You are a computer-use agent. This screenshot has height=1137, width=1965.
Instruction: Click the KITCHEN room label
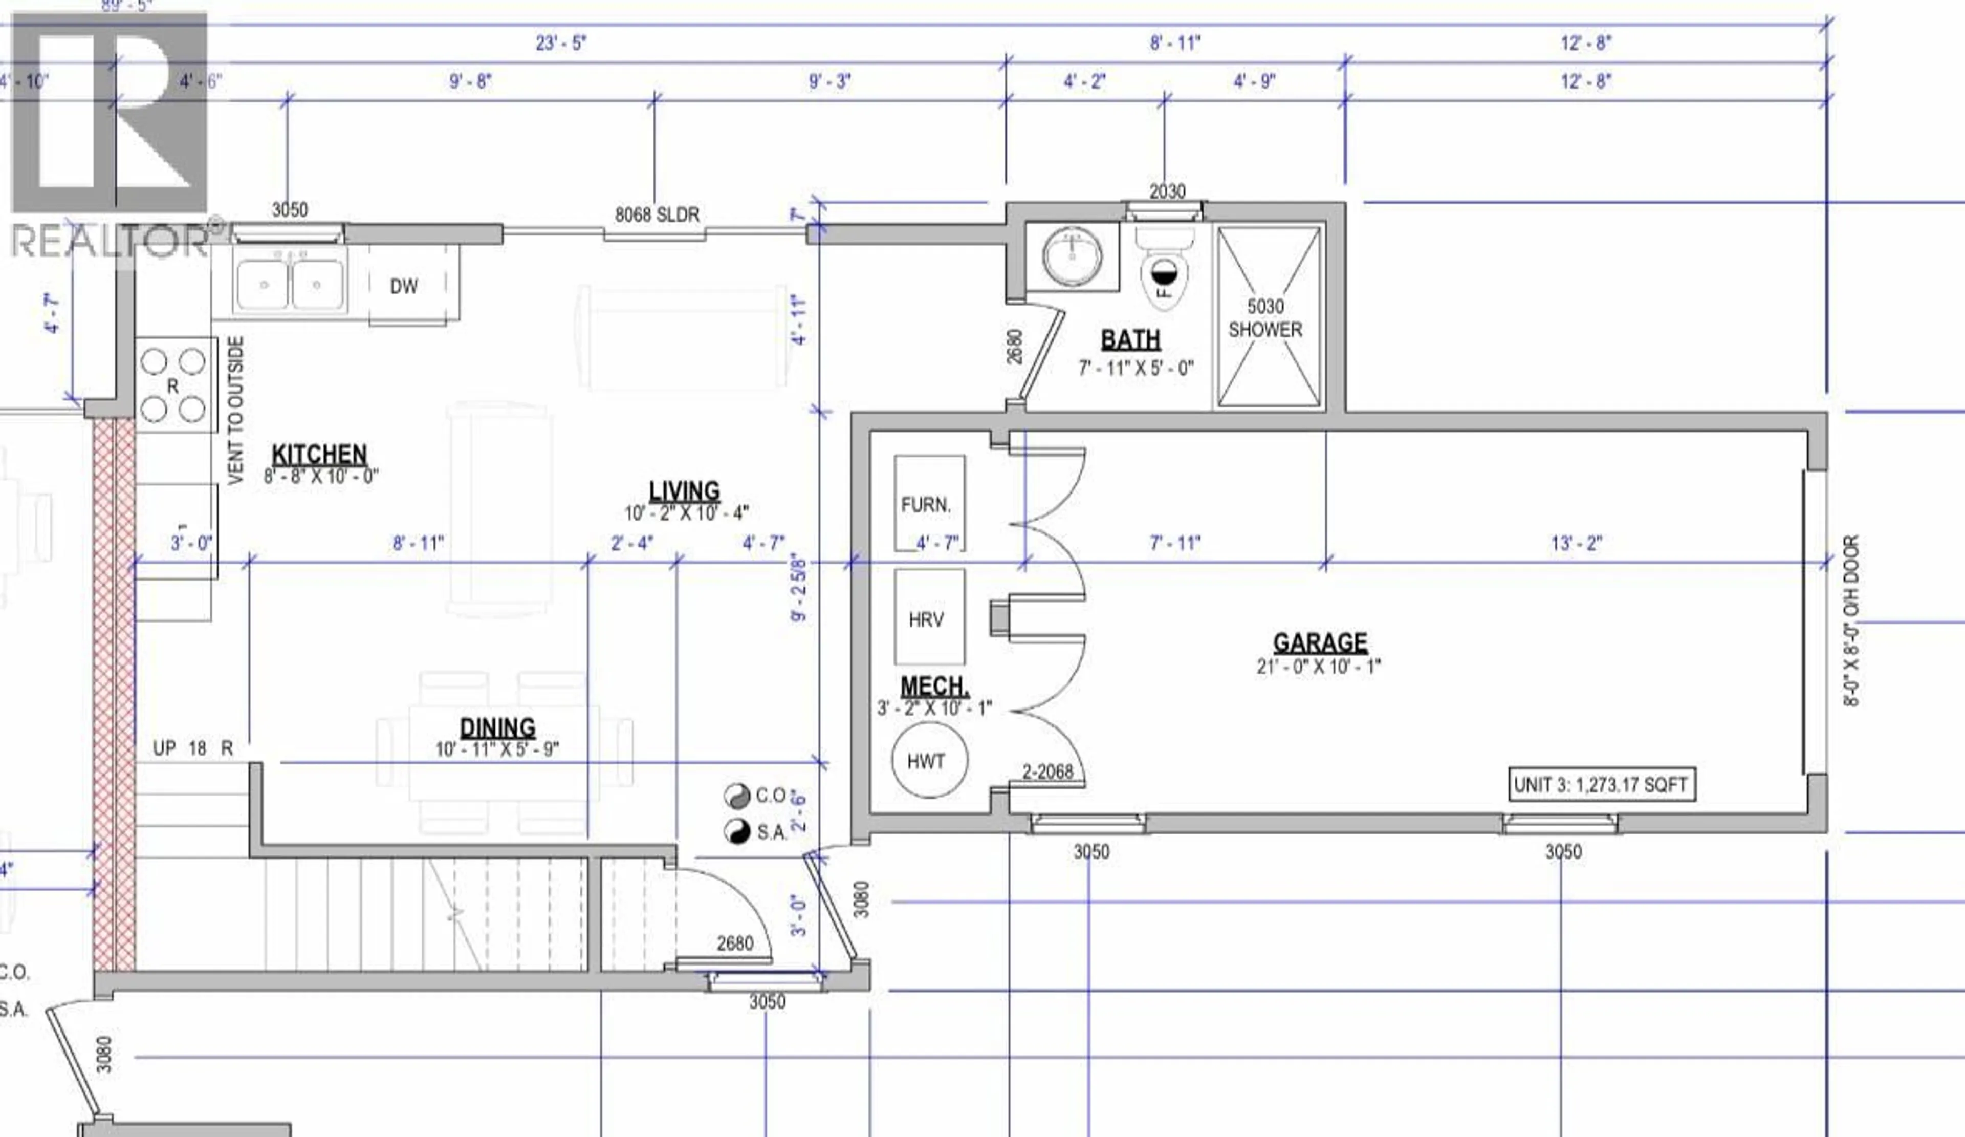pos(319,455)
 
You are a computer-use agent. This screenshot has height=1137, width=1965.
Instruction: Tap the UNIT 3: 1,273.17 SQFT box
pos(1601,784)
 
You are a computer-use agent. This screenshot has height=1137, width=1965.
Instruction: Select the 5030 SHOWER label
pos(1265,318)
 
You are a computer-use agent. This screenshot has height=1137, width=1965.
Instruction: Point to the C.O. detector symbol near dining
pos(735,796)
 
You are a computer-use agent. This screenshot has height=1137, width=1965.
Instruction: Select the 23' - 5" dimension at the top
pos(561,43)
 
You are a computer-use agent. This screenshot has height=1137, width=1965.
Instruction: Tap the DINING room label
pos(497,727)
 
